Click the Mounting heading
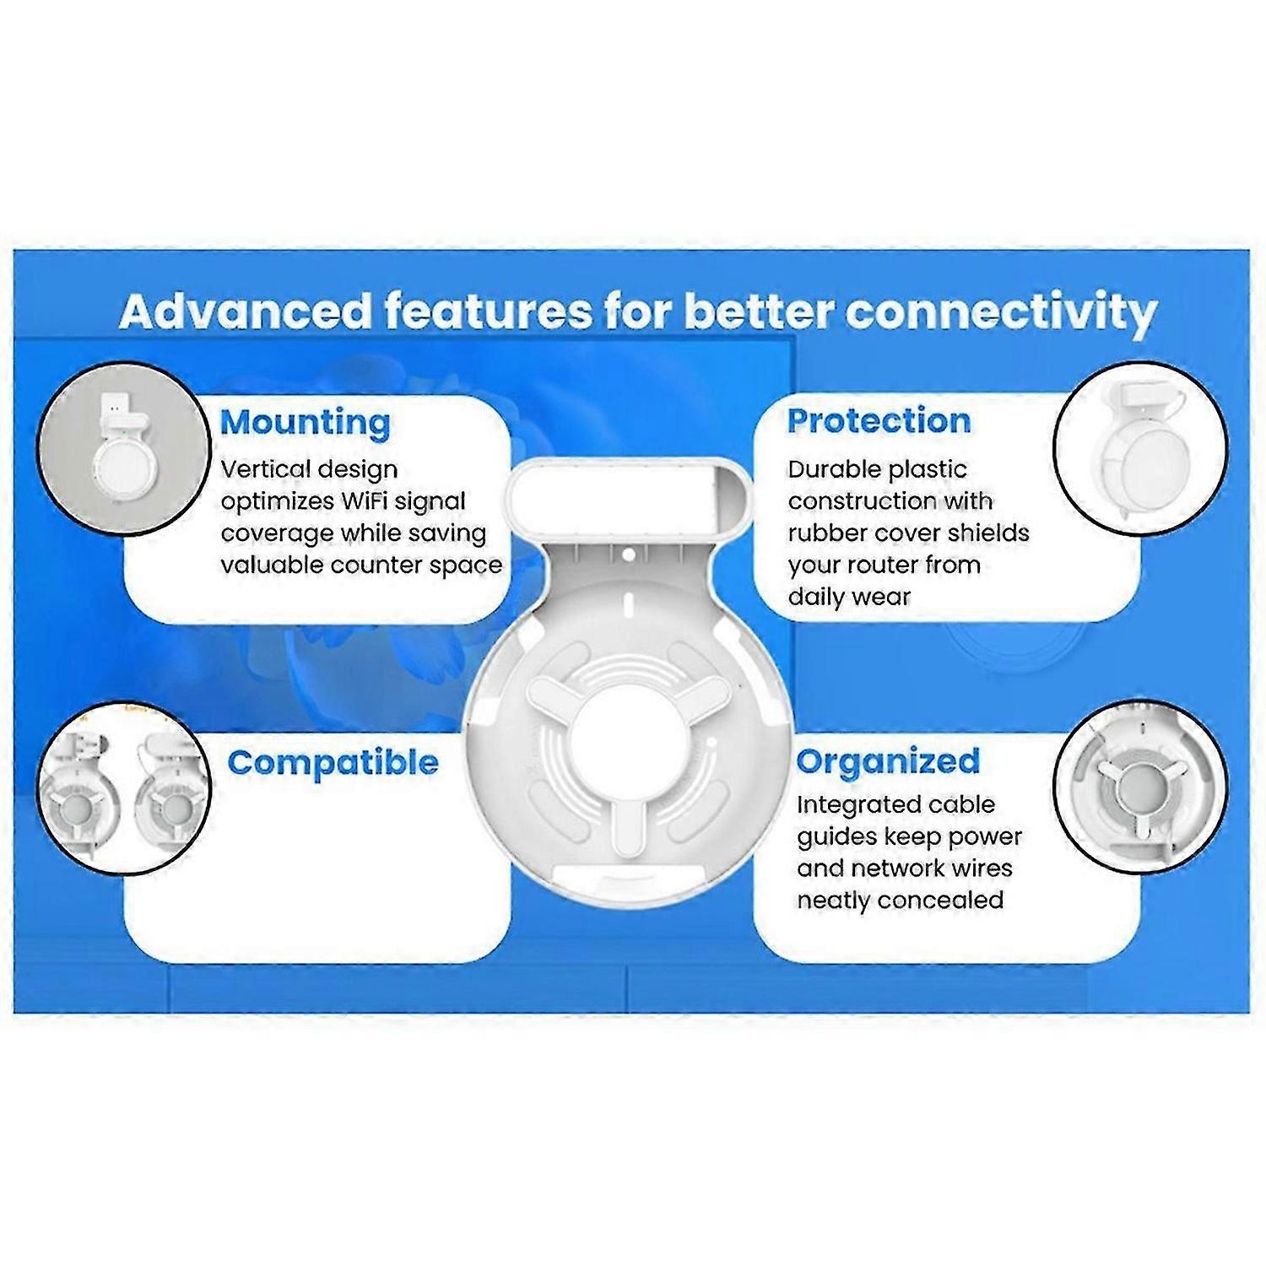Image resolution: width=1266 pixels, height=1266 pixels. coord(305,422)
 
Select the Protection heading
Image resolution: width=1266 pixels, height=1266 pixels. coord(879,420)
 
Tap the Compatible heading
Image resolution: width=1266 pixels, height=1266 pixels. coord(333,762)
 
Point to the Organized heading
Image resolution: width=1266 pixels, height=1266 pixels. coord(888,761)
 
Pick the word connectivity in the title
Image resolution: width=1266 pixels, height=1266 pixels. coord(1001,312)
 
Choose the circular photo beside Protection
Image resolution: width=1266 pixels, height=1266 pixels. coord(1140,447)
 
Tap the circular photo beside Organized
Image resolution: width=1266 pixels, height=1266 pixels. coord(1141,786)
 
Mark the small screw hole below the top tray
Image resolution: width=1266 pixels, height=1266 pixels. coord(628,555)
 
